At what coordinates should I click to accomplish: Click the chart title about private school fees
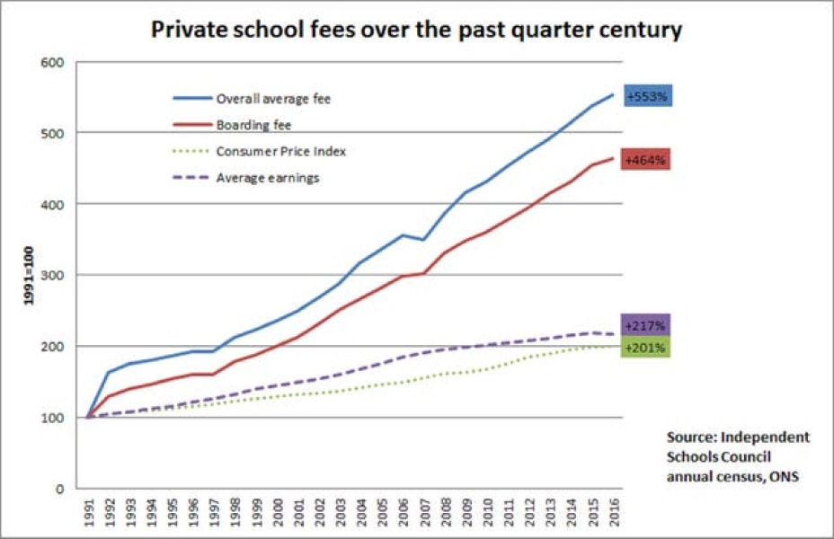[416, 31]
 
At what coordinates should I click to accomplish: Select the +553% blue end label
[645, 95]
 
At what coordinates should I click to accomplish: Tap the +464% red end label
[645, 160]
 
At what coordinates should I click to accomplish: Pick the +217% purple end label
[645, 325]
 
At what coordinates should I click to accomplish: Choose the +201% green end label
[645, 348]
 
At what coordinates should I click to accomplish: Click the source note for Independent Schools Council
[737, 457]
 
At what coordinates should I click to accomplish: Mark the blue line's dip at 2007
[425, 240]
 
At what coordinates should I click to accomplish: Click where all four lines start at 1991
[88, 417]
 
